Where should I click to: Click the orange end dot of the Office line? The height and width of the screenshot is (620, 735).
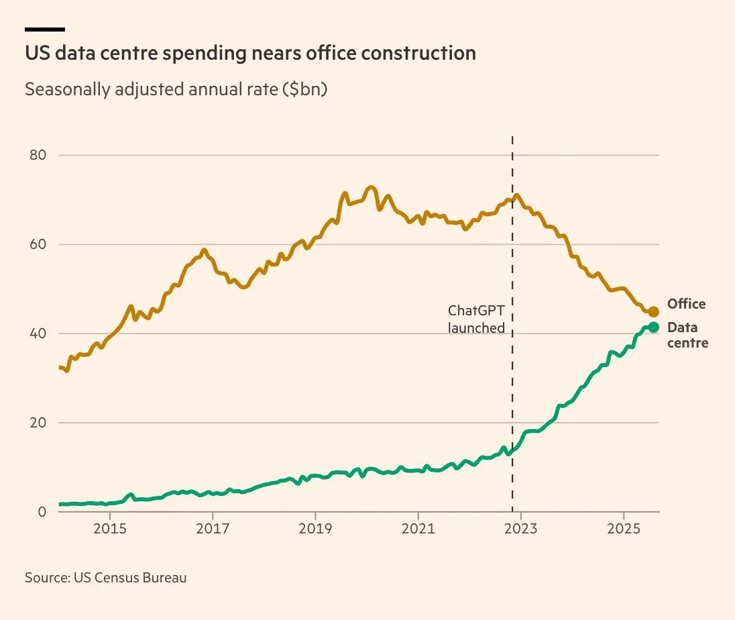point(654,311)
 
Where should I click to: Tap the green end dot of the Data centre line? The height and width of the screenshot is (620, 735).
point(654,327)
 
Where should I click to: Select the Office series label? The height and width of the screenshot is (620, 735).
point(686,304)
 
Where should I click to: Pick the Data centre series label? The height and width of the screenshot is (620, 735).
point(687,335)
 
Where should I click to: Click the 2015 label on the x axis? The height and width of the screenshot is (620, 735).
point(110,529)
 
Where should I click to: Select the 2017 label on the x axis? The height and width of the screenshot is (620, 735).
point(213,529)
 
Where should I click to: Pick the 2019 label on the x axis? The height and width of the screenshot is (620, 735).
point(315,529)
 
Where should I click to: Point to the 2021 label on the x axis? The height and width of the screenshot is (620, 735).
point(418,529)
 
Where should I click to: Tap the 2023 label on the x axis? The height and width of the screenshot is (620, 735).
point(520,529)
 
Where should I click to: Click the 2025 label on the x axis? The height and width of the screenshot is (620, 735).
point(624,529)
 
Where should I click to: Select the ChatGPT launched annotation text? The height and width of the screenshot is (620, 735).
point(476,319)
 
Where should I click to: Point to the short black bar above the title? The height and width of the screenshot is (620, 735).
point(45,30)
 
